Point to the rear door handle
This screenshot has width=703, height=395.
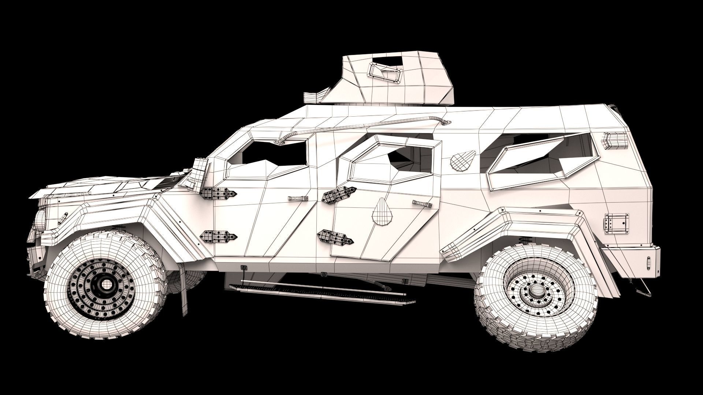[x=422, y=203]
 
